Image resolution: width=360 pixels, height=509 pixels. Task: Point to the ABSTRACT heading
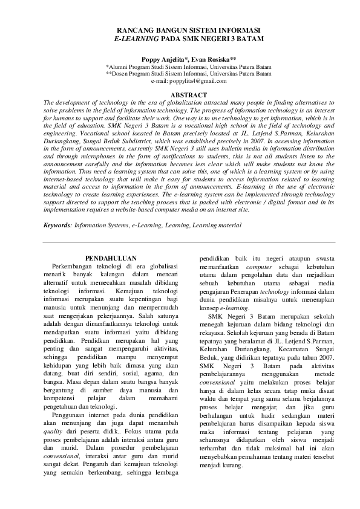point(189,96)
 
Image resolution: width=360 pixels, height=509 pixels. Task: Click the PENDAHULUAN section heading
point(111,258)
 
